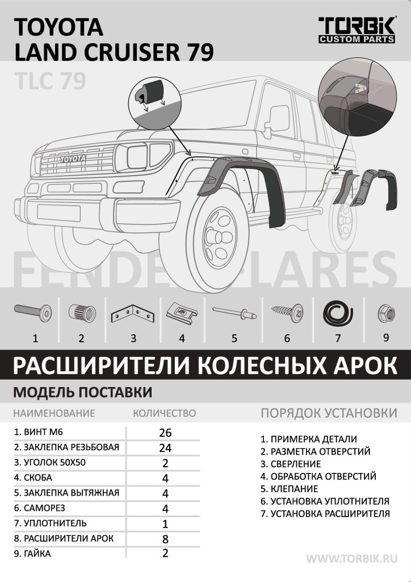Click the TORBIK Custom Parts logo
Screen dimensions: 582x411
coord(357,30)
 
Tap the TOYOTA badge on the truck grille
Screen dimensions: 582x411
coord(72,159)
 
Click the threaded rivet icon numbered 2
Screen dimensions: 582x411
coord(82,313)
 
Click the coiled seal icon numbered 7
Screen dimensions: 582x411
coord(338,312)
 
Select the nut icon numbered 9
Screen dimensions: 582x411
coord(386,312)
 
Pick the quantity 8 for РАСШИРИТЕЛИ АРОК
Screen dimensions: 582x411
coord(165,538)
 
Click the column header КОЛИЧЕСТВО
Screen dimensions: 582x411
coord(164,413)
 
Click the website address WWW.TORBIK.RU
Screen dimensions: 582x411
coord(352,559)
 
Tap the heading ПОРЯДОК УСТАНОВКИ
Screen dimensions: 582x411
coord(329,413)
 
